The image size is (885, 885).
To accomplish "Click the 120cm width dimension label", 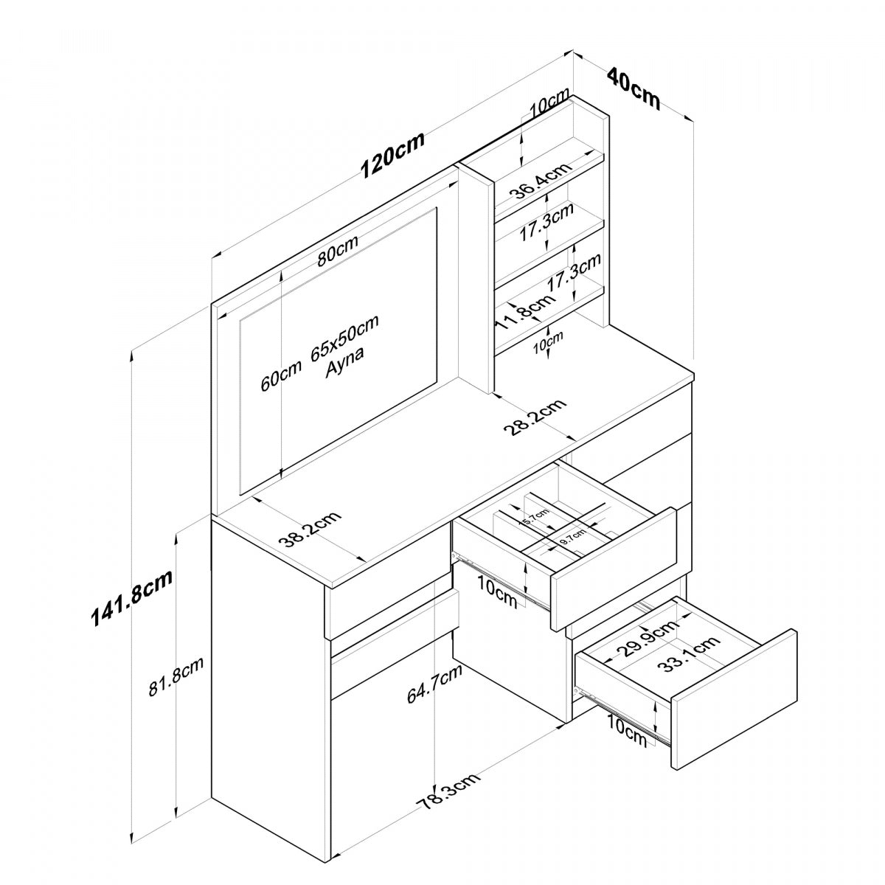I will (392, 156).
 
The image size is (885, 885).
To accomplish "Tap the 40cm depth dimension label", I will (633, 88).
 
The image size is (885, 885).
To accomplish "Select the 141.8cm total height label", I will (131, 597).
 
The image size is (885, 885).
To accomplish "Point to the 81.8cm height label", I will (176, 676).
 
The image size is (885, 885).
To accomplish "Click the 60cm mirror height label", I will (281, 374).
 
